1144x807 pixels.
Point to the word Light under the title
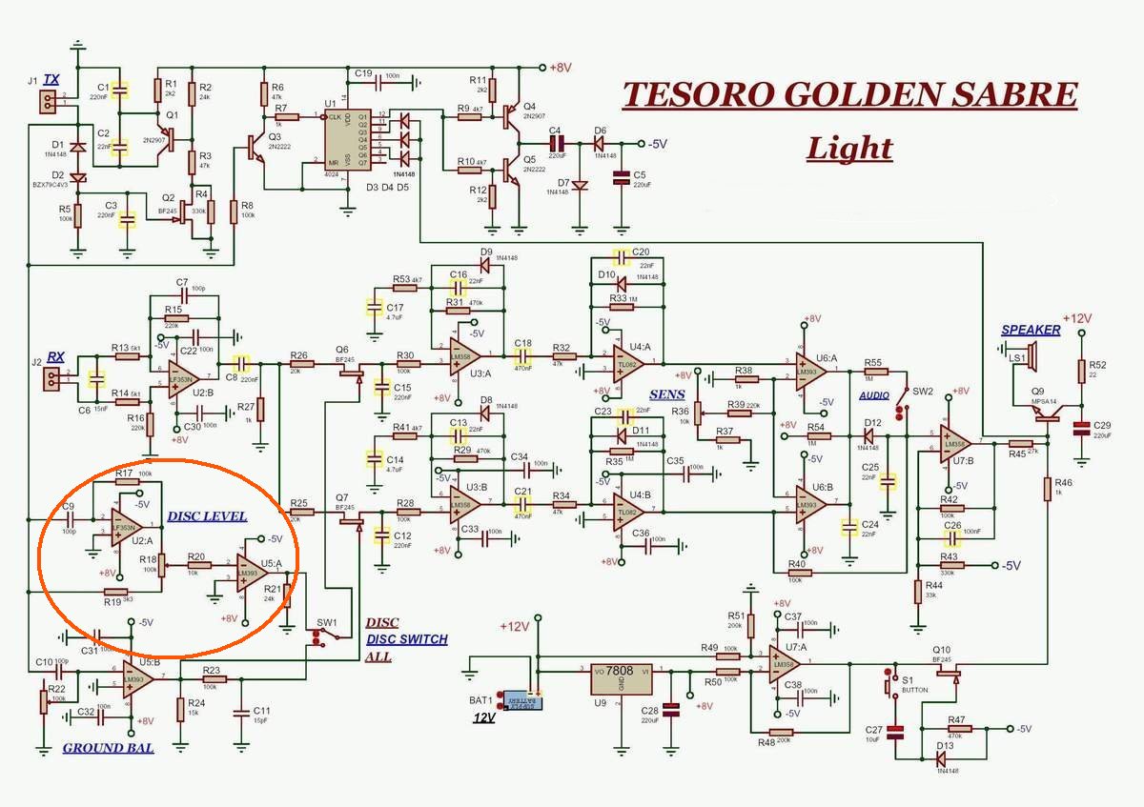tap(848, 149)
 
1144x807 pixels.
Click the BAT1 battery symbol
tap(521, 702)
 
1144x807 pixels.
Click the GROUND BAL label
tap(108, 748)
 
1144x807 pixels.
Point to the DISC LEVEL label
tap(207, 516)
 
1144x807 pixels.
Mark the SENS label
tap(666, 394)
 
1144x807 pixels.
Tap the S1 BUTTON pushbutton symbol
tap(893, 684)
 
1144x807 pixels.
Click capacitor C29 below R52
tap(1080, 428)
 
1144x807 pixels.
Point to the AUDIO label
tap(874, 394)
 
